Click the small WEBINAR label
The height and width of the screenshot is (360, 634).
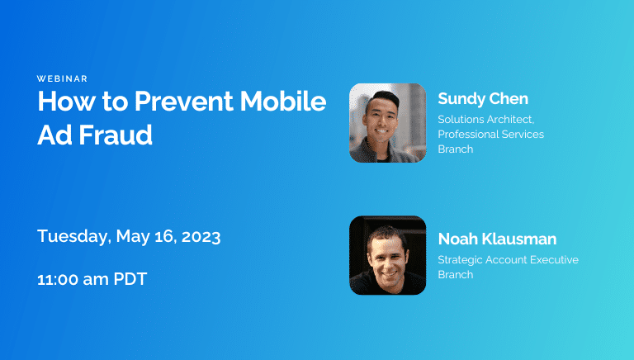coord(62,78)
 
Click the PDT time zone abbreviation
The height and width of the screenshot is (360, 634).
coord(130,279)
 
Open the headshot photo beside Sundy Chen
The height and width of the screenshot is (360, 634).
coord(387,122)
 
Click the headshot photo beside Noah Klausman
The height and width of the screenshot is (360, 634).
coord(387,255)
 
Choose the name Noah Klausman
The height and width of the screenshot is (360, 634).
coord(497,239)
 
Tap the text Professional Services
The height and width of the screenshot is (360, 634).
coord(490,134)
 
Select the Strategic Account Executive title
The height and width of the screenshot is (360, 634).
coord(508,259)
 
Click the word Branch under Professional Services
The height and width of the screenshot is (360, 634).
coord(455,149)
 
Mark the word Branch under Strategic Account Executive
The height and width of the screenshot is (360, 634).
coord(455,274)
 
